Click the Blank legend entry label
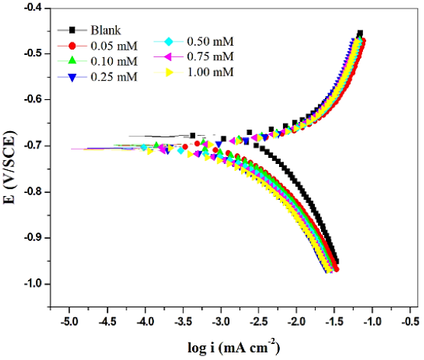click(x=106, y=30)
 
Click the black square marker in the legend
click(x=72, y=30)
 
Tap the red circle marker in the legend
click(x=72, y=45)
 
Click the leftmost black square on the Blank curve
click(x=193, y=136)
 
